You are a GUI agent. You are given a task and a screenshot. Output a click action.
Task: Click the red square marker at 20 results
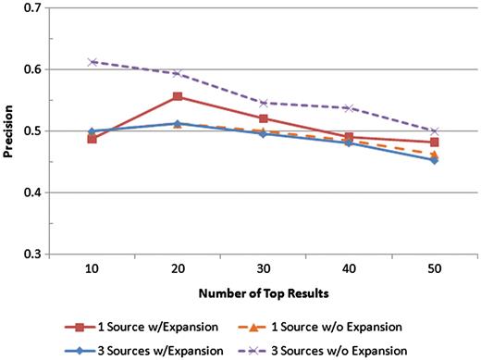pyautogui.click(x=177, y=96)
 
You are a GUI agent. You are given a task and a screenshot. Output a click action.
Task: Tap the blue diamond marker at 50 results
pyautogui.click(x=434, y=160)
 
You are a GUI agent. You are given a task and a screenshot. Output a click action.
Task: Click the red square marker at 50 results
pyautogui.click(x=434, y=143)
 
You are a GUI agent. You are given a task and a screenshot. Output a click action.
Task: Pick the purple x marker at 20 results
pyautogui.click(x=177, y=73)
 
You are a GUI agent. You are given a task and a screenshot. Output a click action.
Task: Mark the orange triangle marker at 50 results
pyautogui.click(x=434, y=154)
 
